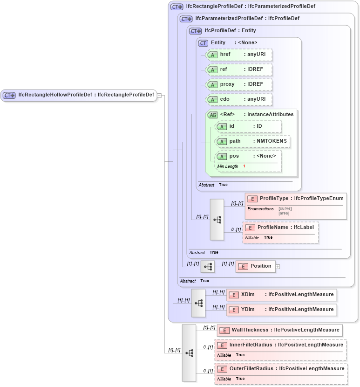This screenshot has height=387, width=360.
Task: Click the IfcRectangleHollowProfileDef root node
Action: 79,95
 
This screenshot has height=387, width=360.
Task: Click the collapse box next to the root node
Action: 159,95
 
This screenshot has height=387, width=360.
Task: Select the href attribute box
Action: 239,55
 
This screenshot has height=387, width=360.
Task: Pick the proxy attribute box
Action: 239,84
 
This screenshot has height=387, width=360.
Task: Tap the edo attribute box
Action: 239,99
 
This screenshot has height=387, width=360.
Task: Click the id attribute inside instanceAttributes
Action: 249,126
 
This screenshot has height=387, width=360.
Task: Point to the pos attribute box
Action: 249,156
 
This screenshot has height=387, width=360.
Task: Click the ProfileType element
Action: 296,199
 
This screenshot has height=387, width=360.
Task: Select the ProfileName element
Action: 280,228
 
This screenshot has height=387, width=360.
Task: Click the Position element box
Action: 256,266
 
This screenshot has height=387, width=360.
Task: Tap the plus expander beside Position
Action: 278,267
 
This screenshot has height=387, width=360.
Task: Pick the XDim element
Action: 281,295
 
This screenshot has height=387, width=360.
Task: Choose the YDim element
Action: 281,310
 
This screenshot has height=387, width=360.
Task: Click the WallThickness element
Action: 280,330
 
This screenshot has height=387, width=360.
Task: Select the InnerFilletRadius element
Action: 280,345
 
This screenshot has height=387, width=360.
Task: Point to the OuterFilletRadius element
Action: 281,369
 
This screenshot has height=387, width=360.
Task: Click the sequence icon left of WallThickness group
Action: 189,353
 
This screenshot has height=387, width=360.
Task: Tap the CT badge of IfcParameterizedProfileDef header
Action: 186,19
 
